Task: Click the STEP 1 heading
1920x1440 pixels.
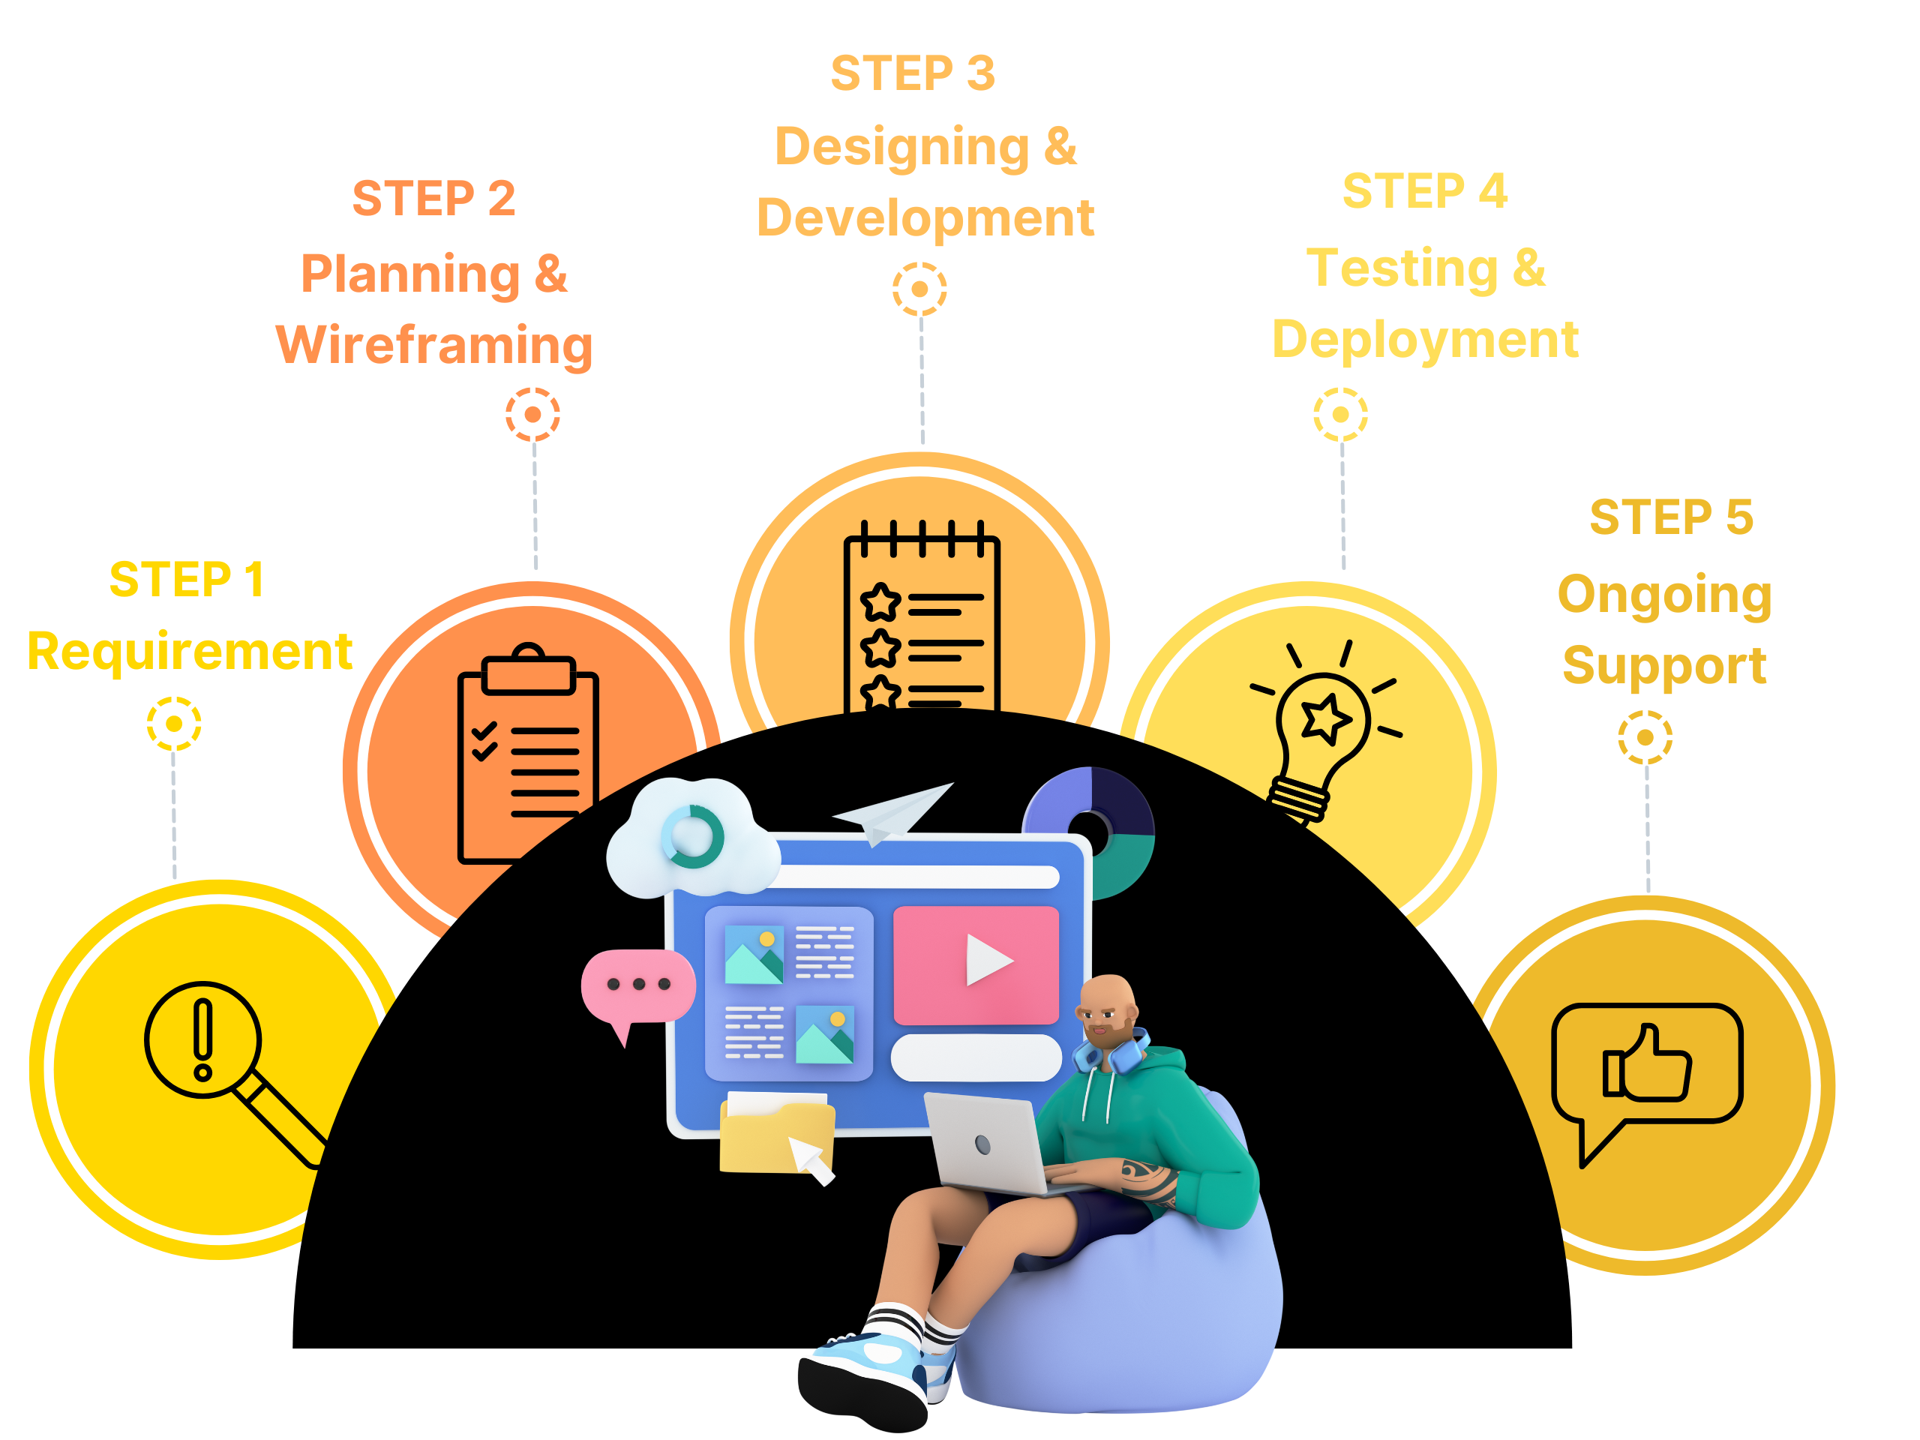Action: pyautogui.click(x=187, y=580)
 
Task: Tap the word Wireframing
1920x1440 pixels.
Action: pyautogui.click(x=434, y=346)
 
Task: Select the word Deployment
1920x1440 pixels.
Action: pyautogui.click(x=1424, y=340)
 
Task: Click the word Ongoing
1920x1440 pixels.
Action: pyautogui.click(x=1664, y=595)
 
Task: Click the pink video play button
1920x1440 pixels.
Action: pyautogui.click(x=976, y=964)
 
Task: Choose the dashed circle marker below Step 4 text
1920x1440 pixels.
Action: pyautogui.click(x=1340, y=415)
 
